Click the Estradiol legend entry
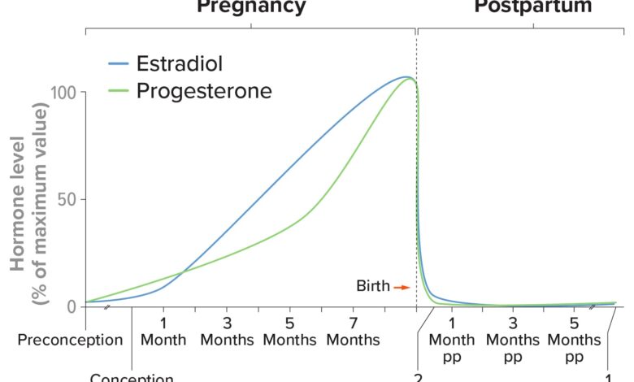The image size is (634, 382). tap(179, 64)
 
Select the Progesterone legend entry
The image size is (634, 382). tap(203, 90)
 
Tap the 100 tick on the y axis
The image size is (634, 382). tap(66, 92)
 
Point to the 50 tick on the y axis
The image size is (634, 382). tap(71, 199)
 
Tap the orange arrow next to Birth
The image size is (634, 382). tap(401, 287)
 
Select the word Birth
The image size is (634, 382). tap(373, 286)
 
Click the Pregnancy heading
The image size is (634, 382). tap(251, 7)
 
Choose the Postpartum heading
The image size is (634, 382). tap(533, 7)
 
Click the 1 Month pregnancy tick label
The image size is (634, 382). tap(163, 331)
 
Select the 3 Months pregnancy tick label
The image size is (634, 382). tap(227, 331)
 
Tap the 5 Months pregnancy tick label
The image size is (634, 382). tap(290, 331)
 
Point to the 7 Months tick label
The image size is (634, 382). tap(354, 331)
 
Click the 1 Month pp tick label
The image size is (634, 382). tap(451, 339)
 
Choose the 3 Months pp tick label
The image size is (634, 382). tap(513, 339)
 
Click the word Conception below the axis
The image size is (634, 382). tap(132, 378)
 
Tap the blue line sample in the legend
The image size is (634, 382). tap(119, 64)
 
